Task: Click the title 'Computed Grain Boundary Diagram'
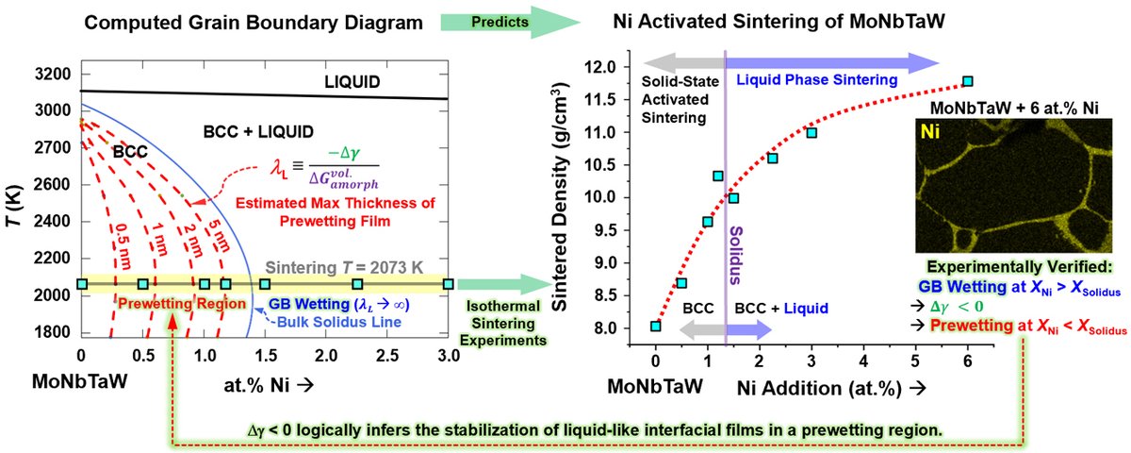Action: [x=226, y=19]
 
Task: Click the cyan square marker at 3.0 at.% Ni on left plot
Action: [x=449, y=283]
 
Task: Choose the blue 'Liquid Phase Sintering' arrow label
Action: [x=817, y=81]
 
